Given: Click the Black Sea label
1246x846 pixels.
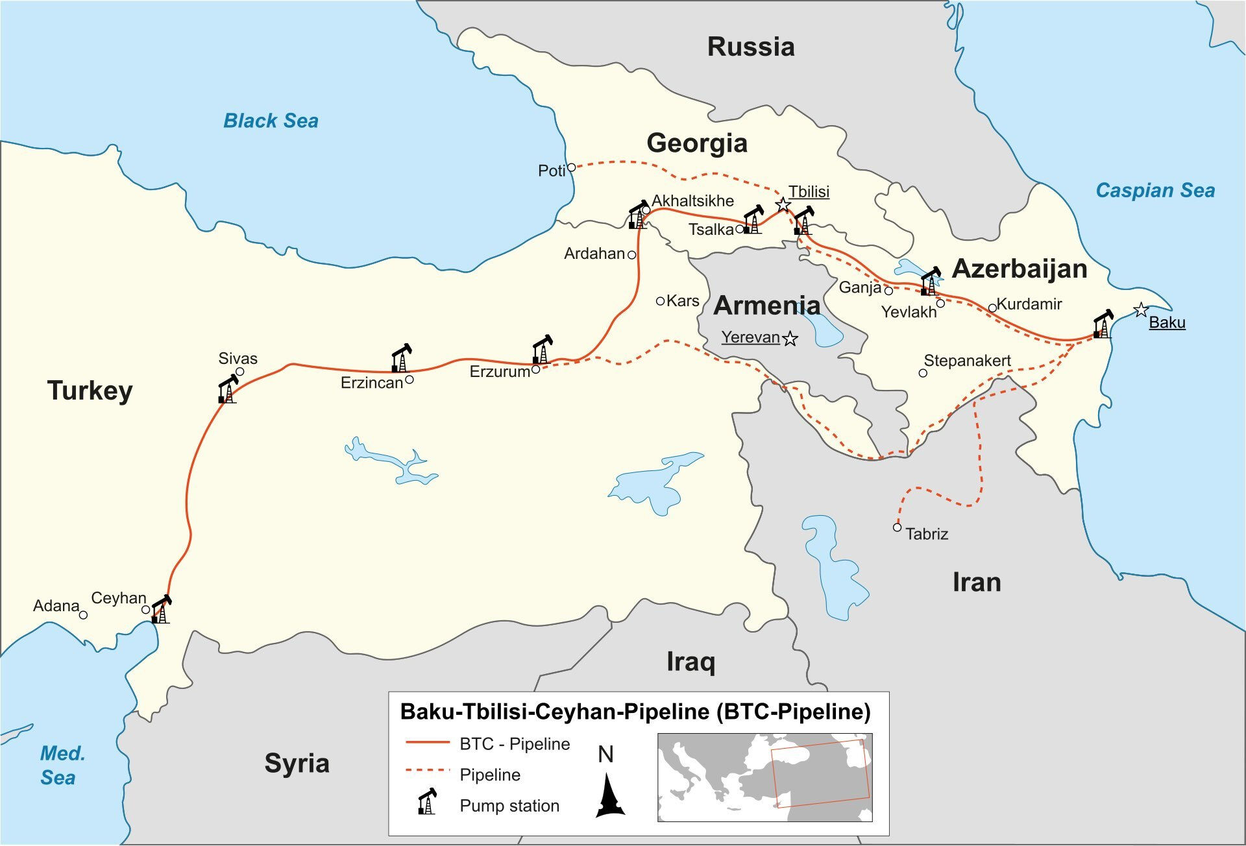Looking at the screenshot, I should (271, 121).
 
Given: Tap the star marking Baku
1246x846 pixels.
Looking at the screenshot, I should (1141, 310).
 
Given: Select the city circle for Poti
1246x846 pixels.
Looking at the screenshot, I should (572, 167).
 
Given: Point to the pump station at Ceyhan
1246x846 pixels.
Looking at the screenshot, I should (160, 610).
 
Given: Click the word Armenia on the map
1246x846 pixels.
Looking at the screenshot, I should (766, 306).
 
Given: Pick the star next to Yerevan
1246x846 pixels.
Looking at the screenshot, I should (790, 339).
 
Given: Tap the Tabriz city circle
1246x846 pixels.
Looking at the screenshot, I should (897, 527).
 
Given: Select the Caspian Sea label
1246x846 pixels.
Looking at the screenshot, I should (1155, 190).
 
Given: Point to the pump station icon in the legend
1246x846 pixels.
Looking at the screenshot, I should (427, 802).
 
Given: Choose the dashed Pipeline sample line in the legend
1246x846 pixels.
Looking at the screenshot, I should (427, 771).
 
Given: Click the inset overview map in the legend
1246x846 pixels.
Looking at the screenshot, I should (764, 777).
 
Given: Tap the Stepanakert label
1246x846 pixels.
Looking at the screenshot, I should (967, 361).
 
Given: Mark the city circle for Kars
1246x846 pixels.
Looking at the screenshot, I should (660, 301).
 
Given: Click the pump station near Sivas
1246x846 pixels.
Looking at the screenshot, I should (228, 389).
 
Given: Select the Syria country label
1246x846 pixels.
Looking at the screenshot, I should (297, 763).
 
